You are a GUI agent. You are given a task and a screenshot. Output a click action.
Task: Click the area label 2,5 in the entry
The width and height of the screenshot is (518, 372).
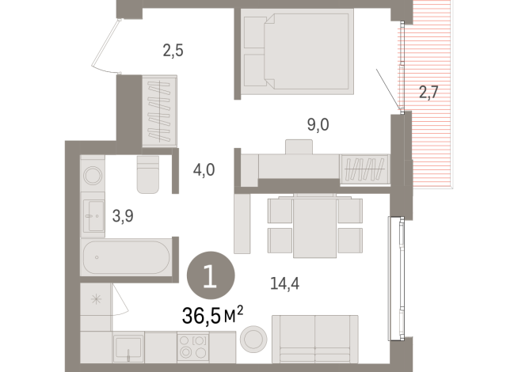(173, 52)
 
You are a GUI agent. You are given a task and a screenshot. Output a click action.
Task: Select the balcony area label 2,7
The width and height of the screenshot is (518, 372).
(428, 93)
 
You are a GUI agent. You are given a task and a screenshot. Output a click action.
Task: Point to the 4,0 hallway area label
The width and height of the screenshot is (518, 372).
(205, 169)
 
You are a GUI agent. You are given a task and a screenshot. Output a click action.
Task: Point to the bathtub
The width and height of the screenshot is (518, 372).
(125, 259)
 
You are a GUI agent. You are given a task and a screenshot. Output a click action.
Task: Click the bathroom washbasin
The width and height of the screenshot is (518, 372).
(93, 214)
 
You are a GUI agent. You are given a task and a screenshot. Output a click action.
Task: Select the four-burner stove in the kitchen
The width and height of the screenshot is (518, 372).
(192, 347)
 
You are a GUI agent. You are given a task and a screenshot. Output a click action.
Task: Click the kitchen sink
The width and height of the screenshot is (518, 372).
(128, 347)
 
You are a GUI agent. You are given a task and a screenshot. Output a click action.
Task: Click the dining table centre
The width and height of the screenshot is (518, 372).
(315, 226)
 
